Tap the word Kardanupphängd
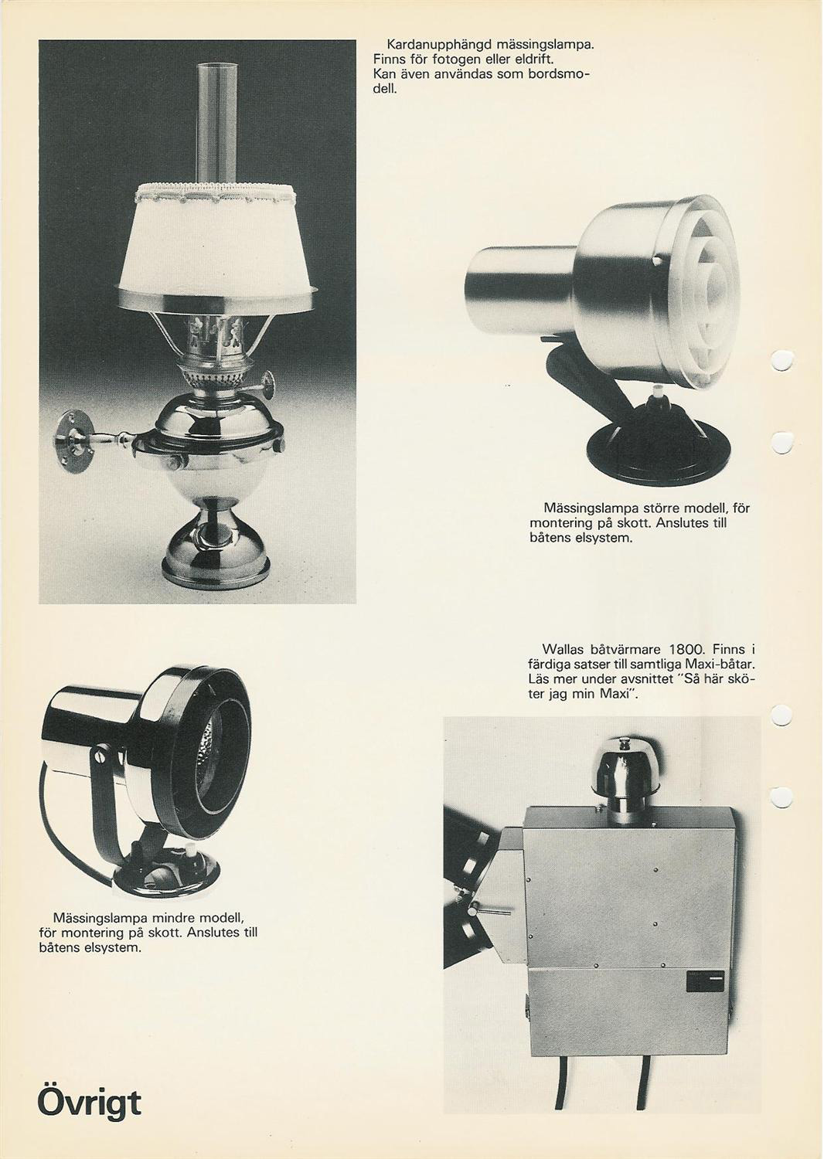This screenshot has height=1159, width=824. [434, 46]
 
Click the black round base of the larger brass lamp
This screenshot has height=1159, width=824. [646, 461]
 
